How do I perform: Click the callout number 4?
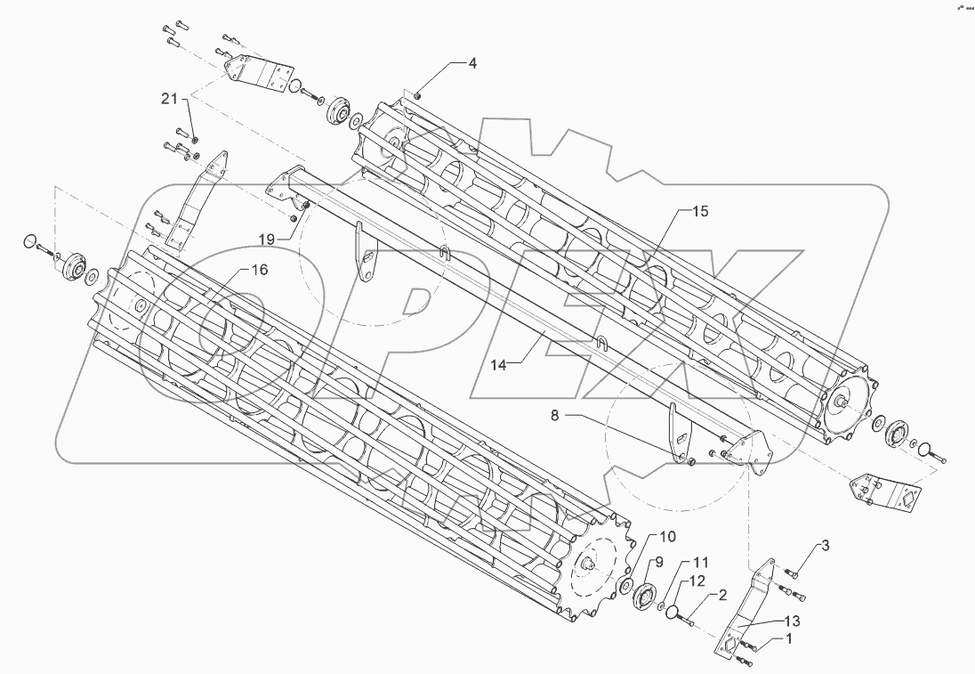[x=473, y=63]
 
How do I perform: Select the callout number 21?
[x=170, y=98]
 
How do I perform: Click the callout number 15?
[x=701, y=212]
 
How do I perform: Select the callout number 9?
[x=659, y=562]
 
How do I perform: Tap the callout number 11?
[x=701, y=564]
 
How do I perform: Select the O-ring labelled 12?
[x=675, y=613]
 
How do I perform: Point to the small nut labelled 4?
[x=418, y=93]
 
